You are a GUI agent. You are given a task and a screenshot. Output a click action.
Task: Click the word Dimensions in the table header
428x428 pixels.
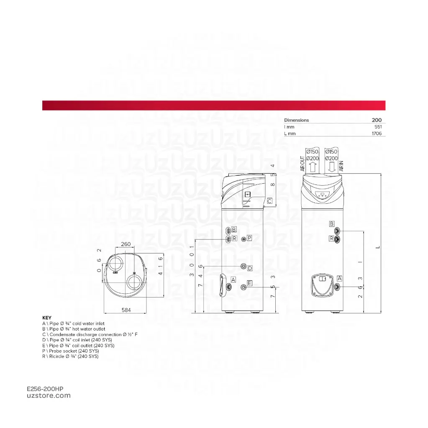coord(296,120)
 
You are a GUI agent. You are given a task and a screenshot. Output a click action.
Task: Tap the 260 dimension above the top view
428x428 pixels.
coord(125,244)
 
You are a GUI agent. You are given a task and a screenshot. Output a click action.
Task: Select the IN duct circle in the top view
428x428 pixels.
coord(135,282)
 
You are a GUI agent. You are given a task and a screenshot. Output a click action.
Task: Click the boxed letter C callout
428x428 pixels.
coord(269,201)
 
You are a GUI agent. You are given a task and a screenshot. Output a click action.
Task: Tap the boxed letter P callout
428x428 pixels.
coord(249,238)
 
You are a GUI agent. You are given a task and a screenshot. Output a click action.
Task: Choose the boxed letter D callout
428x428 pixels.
coord(250,268)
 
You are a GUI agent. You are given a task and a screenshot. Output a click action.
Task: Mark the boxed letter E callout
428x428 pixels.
coord(249,283)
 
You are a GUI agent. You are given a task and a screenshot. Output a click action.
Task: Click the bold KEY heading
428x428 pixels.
coord(47,318)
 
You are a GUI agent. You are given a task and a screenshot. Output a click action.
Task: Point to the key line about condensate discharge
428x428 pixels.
coord(90,335)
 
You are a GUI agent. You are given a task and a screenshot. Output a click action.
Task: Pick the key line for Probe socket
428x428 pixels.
coord(70,351)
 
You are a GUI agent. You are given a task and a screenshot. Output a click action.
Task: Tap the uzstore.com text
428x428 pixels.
coord(49,396)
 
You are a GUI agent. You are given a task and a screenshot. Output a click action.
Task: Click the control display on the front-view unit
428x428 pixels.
coord(323,195)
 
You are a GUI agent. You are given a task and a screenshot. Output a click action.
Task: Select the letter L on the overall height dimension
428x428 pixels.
coord(378,247)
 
